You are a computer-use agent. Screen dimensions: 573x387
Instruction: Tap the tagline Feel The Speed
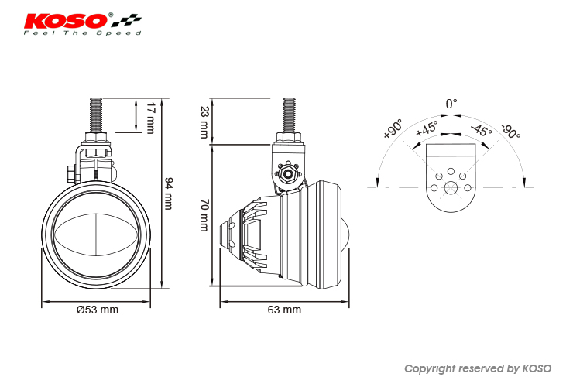pos(83,33)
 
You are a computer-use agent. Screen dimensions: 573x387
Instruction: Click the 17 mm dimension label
pos(150,118)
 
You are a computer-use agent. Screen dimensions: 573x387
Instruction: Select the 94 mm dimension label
pos(169,193)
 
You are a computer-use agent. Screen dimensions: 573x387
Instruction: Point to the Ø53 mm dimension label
pos(98,310)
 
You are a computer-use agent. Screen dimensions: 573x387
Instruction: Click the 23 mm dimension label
pos(204,122)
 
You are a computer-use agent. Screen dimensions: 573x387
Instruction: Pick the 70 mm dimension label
pos(204,215)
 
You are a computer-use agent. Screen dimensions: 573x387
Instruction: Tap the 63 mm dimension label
pos(284,310)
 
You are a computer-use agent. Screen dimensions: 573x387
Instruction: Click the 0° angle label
pos(451,104)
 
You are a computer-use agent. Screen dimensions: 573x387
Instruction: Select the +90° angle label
pos(393,128)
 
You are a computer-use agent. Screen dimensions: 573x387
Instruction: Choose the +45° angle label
pos(427,128)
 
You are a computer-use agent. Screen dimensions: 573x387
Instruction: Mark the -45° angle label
pos(482,130)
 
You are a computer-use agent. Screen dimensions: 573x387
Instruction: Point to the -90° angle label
pos(511,132)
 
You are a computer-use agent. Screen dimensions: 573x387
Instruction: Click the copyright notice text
pos(478,368)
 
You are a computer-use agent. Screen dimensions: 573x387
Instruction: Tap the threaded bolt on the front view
pos(96,115)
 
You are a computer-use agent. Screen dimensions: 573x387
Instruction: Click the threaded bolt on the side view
pos(289,115)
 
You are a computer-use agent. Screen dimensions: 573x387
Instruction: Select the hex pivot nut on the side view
pos(288,174)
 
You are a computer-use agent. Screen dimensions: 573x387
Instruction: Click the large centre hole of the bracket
pos(451,188)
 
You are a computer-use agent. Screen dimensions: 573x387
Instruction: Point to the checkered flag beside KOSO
pos(126,20)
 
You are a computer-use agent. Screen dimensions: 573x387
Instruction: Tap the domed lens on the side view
pos(345,235)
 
